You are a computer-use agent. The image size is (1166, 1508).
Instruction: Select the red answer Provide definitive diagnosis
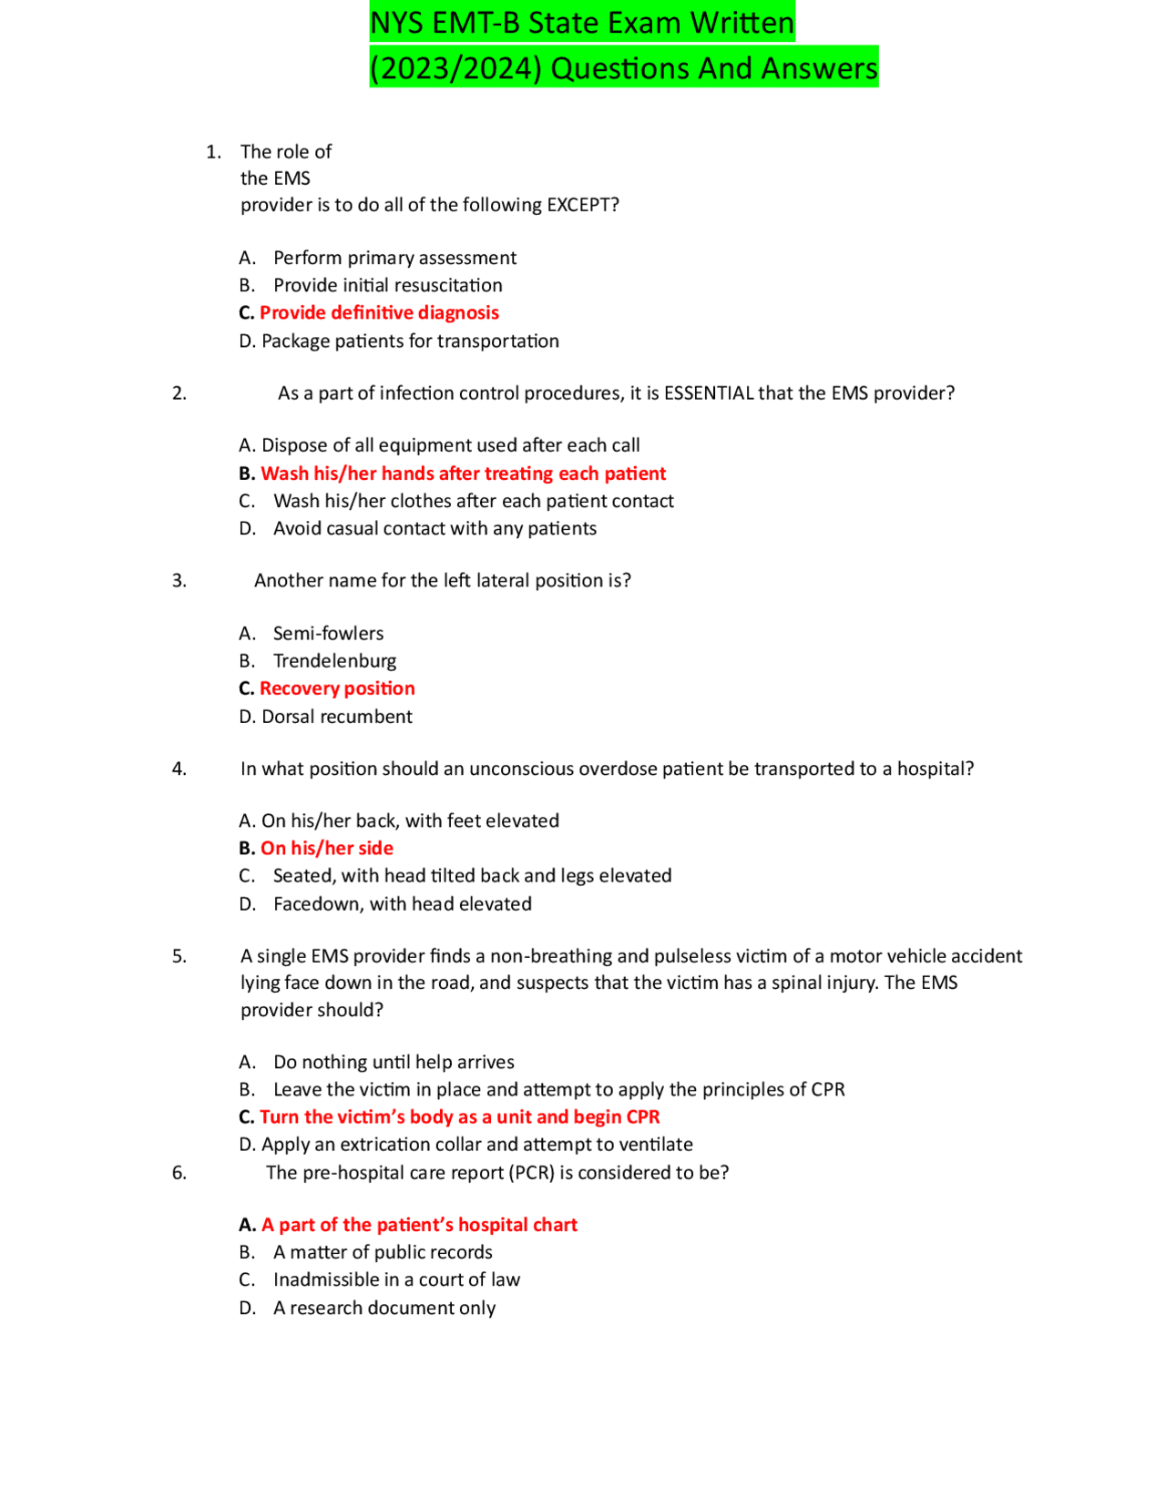[x=379, y=313]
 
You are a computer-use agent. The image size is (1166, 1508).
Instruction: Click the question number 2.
[x=179, y=393]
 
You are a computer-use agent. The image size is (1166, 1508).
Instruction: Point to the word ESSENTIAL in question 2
[x=709, y=393]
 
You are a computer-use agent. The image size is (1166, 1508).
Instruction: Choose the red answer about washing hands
[x=463, y=474]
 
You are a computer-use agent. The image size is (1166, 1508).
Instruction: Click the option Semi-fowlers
[x=328, y=634]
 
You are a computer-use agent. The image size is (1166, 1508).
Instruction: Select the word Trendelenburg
[x=334, y=661]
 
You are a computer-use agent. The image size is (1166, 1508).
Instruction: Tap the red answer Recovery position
[x=337, y=688]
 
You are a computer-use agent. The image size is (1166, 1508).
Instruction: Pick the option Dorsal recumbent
[x=336, y=717]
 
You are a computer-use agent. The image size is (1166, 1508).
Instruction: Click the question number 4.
[x=179, y=769]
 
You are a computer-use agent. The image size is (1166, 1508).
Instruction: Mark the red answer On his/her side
[x=327, y=849]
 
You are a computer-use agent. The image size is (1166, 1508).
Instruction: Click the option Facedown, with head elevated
[x=402, y=904]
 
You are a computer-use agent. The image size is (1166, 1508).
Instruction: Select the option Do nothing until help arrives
[x=394, y=1063]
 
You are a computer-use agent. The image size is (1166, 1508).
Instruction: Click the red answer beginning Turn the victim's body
[x=459, y=1117]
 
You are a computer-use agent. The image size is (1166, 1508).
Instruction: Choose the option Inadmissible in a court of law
[x=396, y=1280]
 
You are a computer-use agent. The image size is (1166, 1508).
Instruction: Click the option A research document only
[x=384, y=1309]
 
